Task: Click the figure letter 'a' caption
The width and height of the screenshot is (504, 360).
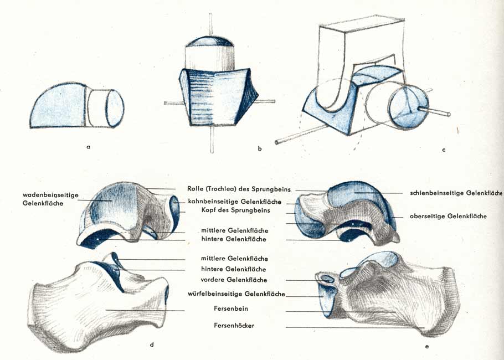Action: tap(89, 147)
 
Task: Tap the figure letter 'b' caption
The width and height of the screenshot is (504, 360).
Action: tap(260, 148)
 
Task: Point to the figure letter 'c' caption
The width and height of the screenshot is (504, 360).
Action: tap(444, 150)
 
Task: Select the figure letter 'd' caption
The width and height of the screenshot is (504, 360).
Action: tap(152, 344)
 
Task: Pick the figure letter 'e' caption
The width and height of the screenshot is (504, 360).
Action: tap(427, 346)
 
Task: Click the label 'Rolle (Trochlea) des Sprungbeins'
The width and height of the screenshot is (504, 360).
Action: tap(239, 189)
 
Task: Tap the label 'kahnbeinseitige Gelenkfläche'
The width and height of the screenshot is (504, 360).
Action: tap(235, 202)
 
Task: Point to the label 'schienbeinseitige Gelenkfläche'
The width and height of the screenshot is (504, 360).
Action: tap(456, 193)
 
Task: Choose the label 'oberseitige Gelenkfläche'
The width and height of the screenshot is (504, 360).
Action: tap(448, 216)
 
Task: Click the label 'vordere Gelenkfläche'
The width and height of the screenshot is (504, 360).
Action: tap(234, 280)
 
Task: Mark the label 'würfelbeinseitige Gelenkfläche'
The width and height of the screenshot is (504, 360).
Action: tap(236, 294)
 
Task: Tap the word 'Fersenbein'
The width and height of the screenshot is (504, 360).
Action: tap(231, 308)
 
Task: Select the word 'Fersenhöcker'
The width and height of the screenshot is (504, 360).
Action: tap(234, 326)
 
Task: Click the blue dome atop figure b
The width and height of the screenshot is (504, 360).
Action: tap(209, 42)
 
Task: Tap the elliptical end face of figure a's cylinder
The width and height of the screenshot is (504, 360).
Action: tap(115, 109)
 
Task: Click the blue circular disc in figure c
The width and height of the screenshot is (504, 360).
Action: tap(408, 107)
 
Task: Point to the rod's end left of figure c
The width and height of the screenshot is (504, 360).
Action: tap(277, 142)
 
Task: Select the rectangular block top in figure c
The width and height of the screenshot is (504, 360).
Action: tap(362, 23)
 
